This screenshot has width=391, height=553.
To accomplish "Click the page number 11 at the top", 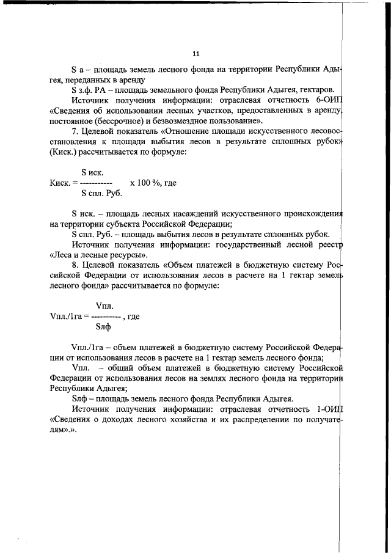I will coord(195,53).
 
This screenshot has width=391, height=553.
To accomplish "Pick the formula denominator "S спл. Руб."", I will coord(101,193).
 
